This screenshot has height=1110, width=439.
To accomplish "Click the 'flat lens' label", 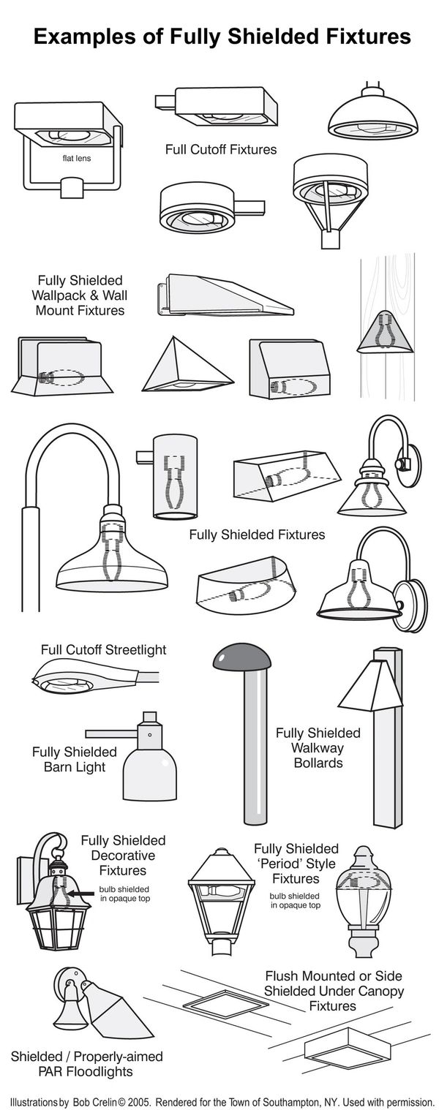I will point(77,158).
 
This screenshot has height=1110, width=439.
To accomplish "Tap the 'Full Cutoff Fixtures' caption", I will point(220,150).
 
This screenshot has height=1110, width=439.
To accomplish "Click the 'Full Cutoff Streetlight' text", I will point(103,649).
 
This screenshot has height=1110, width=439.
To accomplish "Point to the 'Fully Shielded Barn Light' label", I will point(74,759).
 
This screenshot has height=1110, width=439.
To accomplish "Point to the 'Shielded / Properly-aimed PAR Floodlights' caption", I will point(86,1065).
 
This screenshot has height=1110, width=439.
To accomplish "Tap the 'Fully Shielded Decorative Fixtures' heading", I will point(123,856).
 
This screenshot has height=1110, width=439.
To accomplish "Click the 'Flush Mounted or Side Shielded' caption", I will point(333,983).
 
